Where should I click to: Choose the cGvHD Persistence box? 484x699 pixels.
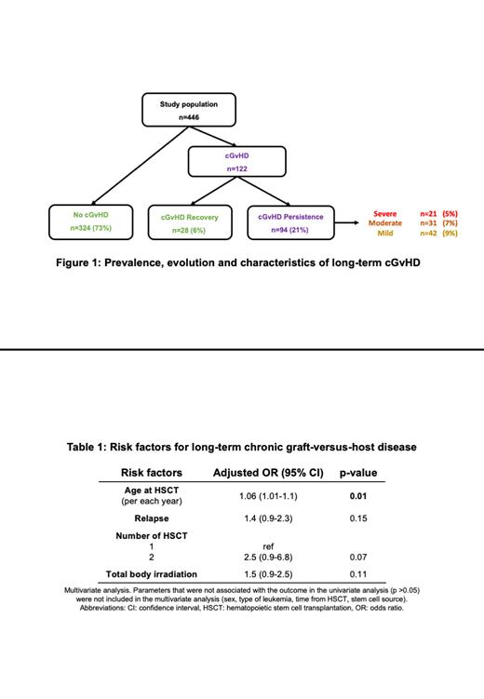[x=292, y=222]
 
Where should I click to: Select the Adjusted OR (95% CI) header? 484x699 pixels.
[x=268, y=472]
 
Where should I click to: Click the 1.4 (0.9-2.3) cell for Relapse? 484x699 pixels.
[x=268, y=519]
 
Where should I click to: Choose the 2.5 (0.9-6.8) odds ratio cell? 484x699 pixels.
[x=268, y=557]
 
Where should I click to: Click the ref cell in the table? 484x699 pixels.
[x=268, y=545]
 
